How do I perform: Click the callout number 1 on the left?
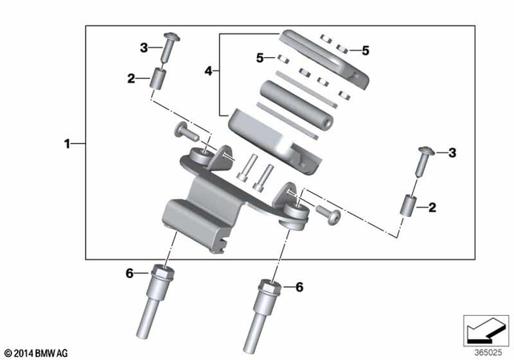click(69, 144)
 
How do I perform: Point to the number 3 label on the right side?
click(452, 153)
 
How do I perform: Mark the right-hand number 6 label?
click(299, 287)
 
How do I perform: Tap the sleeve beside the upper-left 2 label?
click(158, 81)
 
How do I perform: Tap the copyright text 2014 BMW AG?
click(36, 353)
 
